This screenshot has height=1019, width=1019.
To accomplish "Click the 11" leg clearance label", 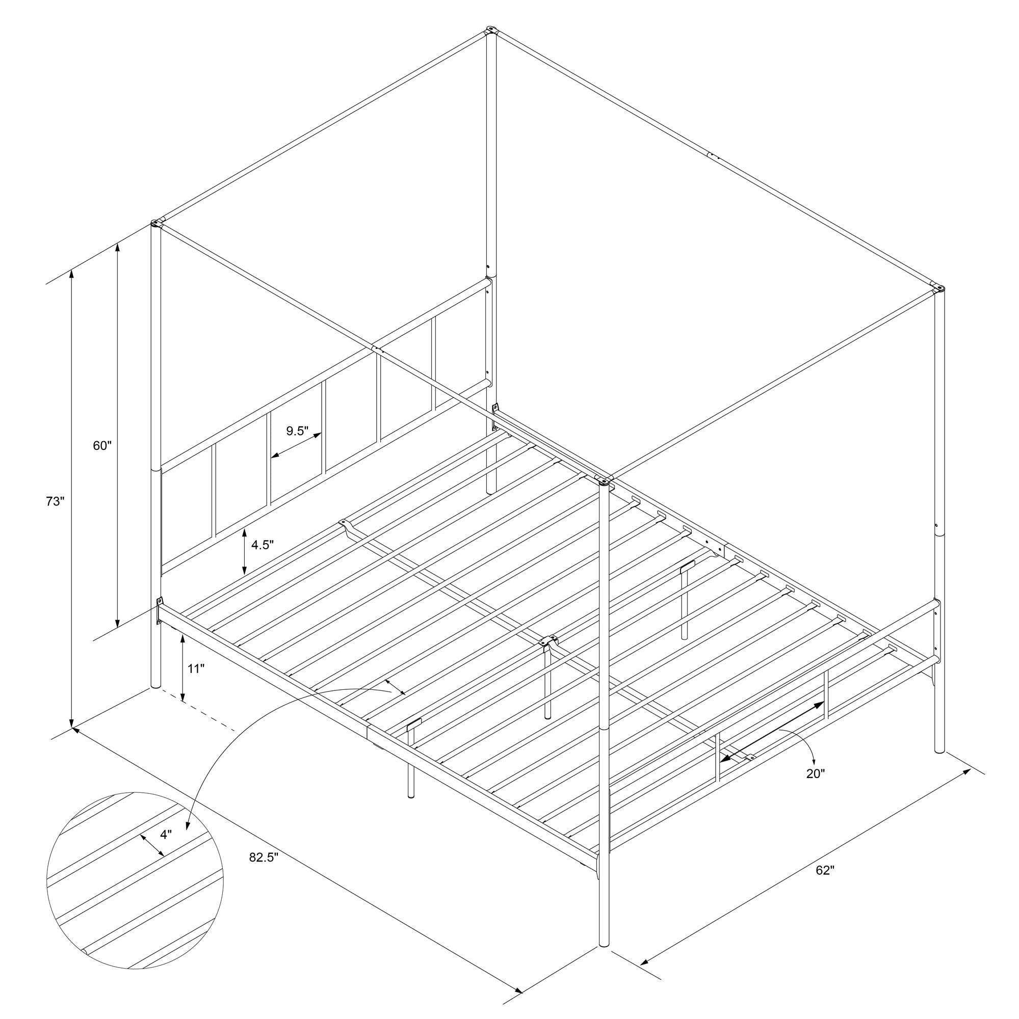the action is pos(195,669).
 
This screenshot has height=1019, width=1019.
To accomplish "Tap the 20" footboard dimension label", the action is pos(815,774).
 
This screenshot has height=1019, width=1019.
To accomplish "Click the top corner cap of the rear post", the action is pos(491,31).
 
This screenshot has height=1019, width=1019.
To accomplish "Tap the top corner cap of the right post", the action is pos(939,288).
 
